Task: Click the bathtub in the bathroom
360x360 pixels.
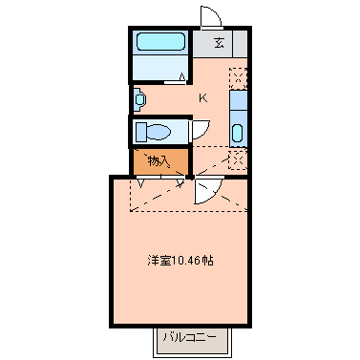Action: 159,42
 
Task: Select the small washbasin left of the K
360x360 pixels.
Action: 140,97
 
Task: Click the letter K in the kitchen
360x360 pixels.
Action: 202,96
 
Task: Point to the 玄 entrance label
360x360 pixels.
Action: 220,42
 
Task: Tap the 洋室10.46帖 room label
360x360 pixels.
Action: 180,259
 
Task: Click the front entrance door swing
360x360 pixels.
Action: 211,17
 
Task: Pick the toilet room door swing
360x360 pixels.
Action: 200,131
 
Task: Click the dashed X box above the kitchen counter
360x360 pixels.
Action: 238,77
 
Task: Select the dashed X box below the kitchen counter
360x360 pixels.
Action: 238,159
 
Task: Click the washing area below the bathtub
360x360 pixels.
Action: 159,71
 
